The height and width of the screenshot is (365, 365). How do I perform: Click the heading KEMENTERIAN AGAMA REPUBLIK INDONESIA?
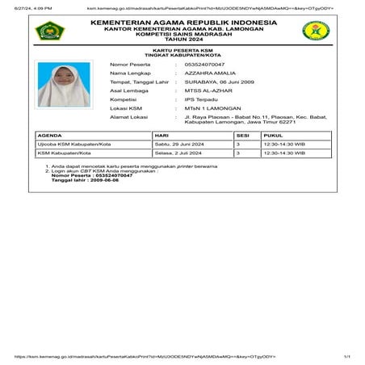pos(182,21)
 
